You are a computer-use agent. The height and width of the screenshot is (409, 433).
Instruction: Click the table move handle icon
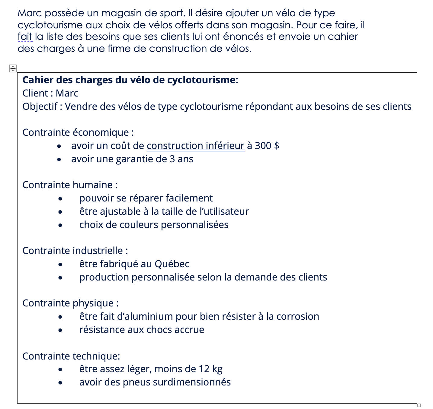[x=13, y=68]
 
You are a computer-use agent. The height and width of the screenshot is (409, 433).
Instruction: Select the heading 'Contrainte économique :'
[x=78, y=132]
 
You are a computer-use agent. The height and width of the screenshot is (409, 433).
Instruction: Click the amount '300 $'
[x=267, y=146]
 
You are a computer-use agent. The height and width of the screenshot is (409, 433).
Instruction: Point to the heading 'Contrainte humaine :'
[x=70, y=185]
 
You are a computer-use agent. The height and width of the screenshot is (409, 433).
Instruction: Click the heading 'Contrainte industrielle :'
[x=75, y=251]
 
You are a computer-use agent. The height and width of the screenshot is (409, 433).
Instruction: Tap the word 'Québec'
[x=172, y=264]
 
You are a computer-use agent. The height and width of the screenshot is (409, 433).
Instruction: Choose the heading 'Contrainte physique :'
[x=70, y=303]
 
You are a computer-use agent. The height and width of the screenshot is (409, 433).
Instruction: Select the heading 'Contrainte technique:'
[x=71, y=356]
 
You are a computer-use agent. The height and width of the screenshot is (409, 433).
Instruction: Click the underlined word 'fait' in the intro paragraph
[x=25, y=37]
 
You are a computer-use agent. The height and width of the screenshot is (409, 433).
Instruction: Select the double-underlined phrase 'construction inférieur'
[x=195, y=146]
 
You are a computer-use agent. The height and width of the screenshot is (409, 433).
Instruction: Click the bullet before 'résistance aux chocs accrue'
[x=60, y=330]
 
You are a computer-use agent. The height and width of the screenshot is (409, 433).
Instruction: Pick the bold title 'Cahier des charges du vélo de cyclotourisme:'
[x=130, y=80]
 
